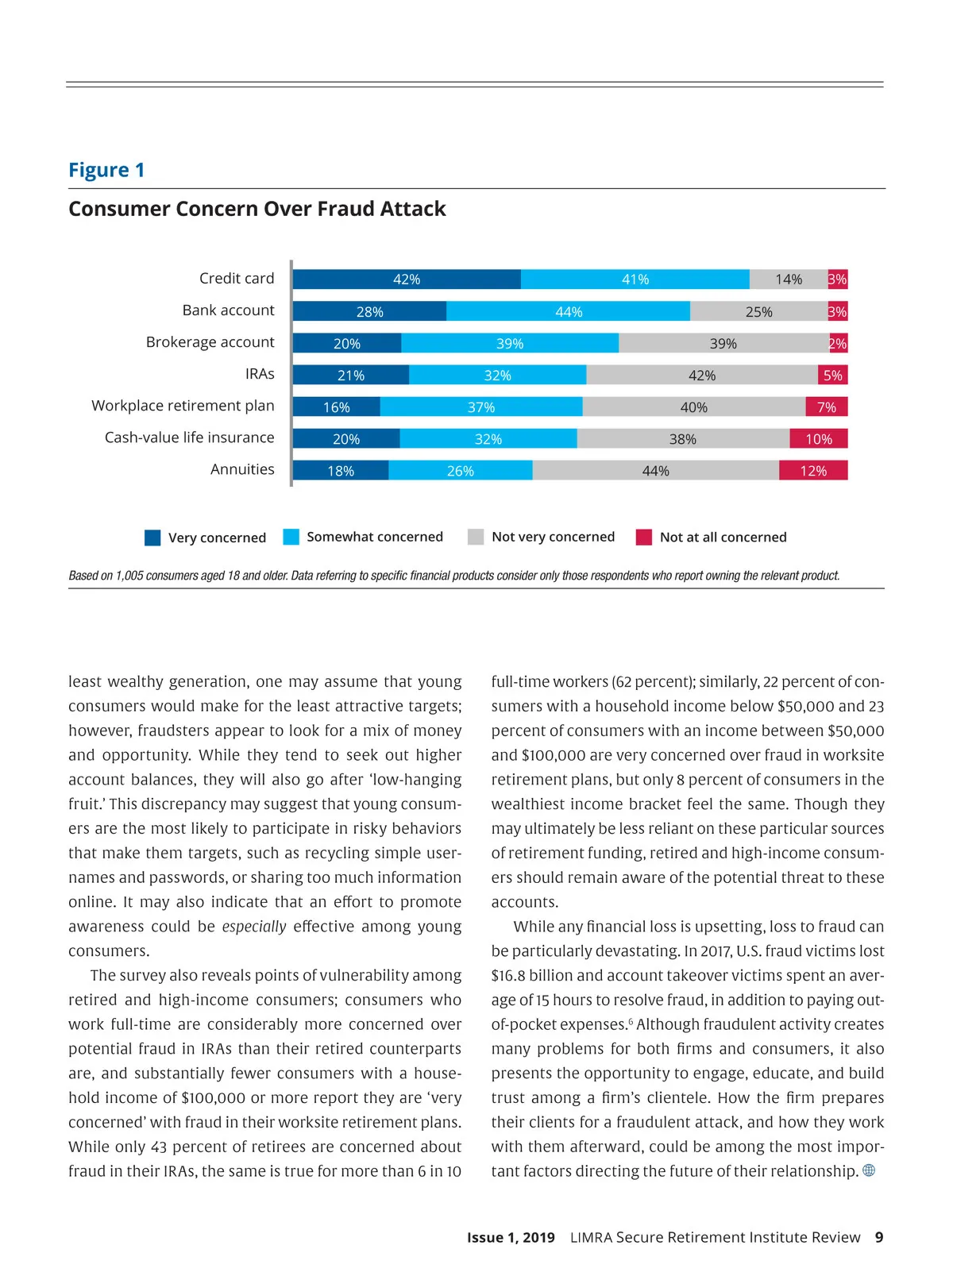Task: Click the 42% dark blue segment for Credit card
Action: pos(407,279)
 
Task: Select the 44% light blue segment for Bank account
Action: pos(568,311)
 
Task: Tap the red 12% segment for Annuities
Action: pos(813,471)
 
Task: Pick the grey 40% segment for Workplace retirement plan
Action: pos(693,407)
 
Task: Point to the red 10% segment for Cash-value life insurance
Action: pos(819,439)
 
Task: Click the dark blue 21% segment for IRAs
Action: pos(350,376)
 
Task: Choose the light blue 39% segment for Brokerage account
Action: pos(510,344)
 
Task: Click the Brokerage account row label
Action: pos(210,342)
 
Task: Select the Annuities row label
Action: pos(242,469)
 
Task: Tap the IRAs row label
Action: pos(260,374)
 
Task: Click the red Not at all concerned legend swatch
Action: pos(644,538)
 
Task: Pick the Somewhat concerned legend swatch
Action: pos(291,537)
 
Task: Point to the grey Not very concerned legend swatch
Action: pos(476,537)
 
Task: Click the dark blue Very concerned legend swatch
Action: pos(152,538)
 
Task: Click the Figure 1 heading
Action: pos(106,170)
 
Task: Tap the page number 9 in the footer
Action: pos(879,1237)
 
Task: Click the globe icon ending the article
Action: pos(869,1170)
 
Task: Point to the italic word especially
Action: pos(254,927)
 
